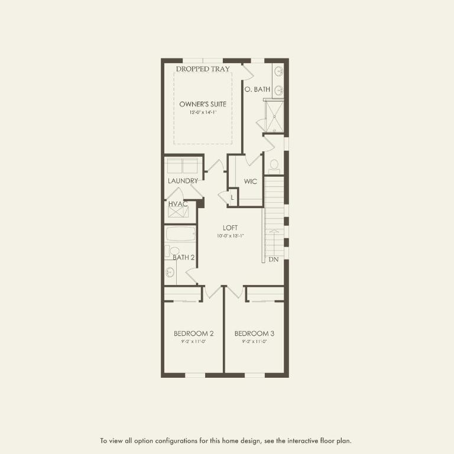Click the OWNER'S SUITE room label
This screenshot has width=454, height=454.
tap(203, 104)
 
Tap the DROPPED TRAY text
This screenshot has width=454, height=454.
tap(203, 69)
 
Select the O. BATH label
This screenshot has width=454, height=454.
tap(257, 89)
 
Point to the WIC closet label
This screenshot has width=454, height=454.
tap(250, 181)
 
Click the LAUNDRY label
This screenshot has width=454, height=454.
tap(183, 181)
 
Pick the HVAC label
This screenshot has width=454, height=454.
tap(178, 204)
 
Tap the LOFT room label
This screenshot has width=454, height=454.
tap(230, 228)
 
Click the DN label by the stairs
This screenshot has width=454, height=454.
tap(273, 260)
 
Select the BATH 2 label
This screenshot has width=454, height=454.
tap(184, 257)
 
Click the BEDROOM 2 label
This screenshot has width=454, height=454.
tap(193, 333)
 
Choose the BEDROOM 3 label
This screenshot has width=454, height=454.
tap(254, 333)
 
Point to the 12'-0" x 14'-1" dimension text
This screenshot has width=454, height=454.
tap(203, 112)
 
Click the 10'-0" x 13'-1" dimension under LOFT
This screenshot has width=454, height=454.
tap(230, 236)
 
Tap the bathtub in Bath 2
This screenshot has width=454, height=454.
tap(180, 234)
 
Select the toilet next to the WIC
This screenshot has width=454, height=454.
tap(274, 164)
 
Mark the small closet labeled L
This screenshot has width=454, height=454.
tap(232, 197)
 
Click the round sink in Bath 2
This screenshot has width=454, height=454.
tap(170, 273)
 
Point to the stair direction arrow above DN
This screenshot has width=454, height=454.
tap(273, 242)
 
